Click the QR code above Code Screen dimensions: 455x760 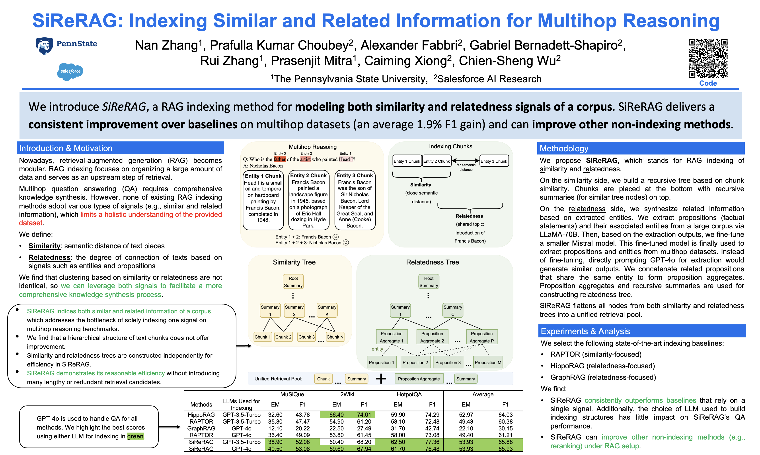click(707, 58)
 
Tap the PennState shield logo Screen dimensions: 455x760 click(45, 46)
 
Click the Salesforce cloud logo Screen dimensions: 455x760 click(70, 71)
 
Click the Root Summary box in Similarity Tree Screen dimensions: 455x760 click(293, 282)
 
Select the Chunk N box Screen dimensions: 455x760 click(335, 337)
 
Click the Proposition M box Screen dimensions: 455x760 click(488, 362)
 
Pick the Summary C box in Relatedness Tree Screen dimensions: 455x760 click(452, 310)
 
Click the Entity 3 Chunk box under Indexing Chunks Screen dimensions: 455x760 click(494, 161)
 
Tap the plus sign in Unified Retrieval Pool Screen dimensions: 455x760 click(381, 379)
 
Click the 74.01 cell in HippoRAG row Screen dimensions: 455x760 click(364, 415)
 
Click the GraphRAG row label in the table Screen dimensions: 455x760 click(201, 428)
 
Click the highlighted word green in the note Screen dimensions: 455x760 click(135, 436)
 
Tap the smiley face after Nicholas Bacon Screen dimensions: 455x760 click(346, 243)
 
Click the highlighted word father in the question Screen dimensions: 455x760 click(279, 159)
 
